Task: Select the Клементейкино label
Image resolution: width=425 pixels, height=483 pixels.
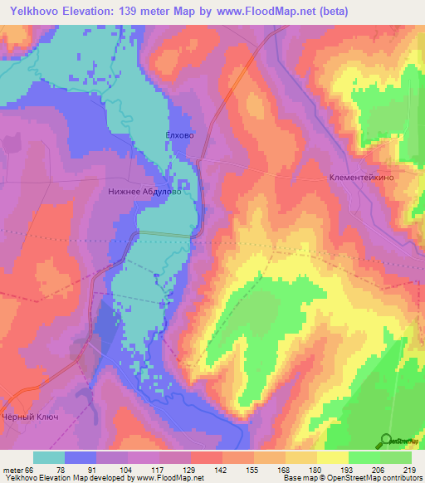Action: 361,178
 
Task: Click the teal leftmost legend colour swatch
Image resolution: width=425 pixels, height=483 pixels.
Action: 49,457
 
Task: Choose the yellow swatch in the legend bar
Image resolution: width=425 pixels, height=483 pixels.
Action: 332,457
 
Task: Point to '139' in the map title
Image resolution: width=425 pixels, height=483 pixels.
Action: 133,11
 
